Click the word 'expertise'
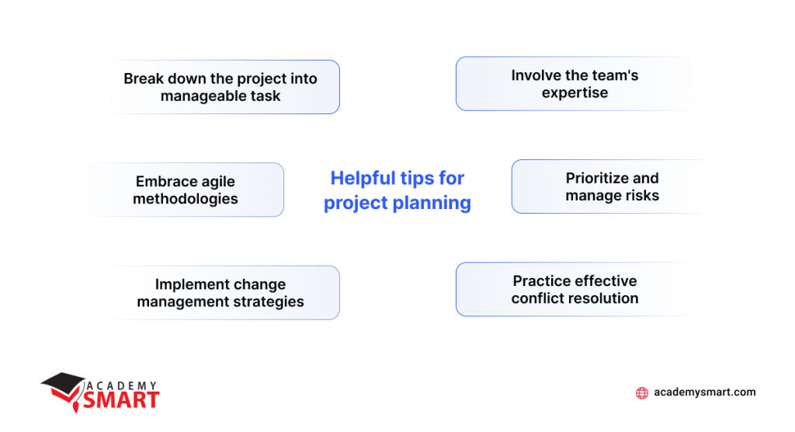(575, 93)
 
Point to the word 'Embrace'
(166, 181)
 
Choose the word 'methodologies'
(185, 199)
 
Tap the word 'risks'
(641, 196)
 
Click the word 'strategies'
(269, 301)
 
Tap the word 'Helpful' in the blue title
(362, 179)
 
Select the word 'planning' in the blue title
(432, 203)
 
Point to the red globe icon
(642, 393)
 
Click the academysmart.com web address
(705, 393)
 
